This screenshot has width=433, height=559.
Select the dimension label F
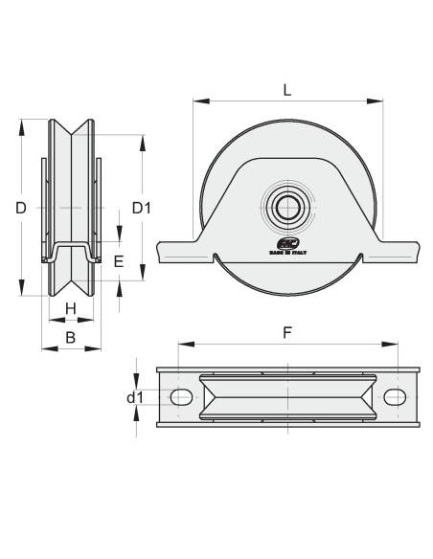[x=287, y=334]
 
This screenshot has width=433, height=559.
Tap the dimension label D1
[x=142, y=207]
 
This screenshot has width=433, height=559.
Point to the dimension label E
[x=119, y=260]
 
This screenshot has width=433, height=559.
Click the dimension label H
[x=70, y=308]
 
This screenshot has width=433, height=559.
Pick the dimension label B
[x=70, y=337]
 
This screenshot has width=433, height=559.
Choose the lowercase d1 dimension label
[x=135, y=397]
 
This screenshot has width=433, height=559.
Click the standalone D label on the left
[x=21, y=207]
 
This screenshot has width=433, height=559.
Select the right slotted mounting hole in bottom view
[x=394, y=397]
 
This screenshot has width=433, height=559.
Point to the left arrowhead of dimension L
[x=196, y=99]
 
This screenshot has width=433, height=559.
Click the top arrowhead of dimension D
[x=21, y=123]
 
